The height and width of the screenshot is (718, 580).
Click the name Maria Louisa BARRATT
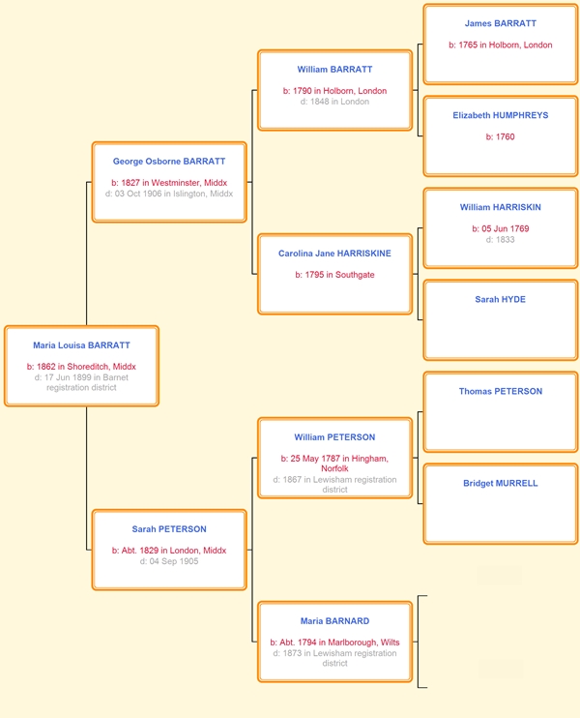[x=81, y=345]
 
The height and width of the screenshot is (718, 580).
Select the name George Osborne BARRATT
[x=169, y=162]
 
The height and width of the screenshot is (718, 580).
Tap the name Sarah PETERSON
[x=169, y=529]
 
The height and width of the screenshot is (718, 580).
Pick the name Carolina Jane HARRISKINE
[x=334, y=254]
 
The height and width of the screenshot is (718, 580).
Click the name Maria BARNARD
[x=334, y=621]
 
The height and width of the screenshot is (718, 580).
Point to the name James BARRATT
[x=501, y=23]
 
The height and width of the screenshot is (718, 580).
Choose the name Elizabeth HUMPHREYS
[x=501, y=115]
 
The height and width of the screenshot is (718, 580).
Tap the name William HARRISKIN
[x=501, y=207]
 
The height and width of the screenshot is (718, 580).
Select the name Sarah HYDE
[x=501, y=299]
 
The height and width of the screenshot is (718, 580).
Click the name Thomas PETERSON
[x=501, y=391]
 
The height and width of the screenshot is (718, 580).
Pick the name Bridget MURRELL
[x=501, y=483]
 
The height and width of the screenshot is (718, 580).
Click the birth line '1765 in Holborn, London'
[x=506, y=45]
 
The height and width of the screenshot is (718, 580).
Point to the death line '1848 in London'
[x=339, y=102]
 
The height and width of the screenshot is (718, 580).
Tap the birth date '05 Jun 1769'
[x=505, y=228]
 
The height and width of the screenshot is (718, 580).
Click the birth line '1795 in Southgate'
[x=339, y=275]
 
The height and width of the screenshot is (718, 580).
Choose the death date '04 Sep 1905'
[x=174, y=561]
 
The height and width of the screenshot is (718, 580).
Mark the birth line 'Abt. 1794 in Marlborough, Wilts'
[x=339, y=643]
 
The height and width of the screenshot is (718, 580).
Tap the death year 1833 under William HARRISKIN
[x=505, y=239]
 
